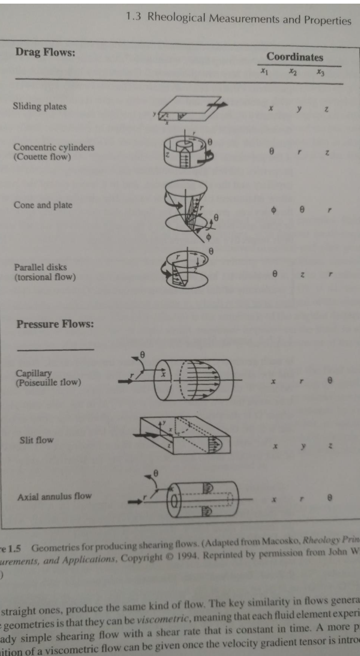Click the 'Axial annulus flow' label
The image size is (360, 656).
[54, 496]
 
